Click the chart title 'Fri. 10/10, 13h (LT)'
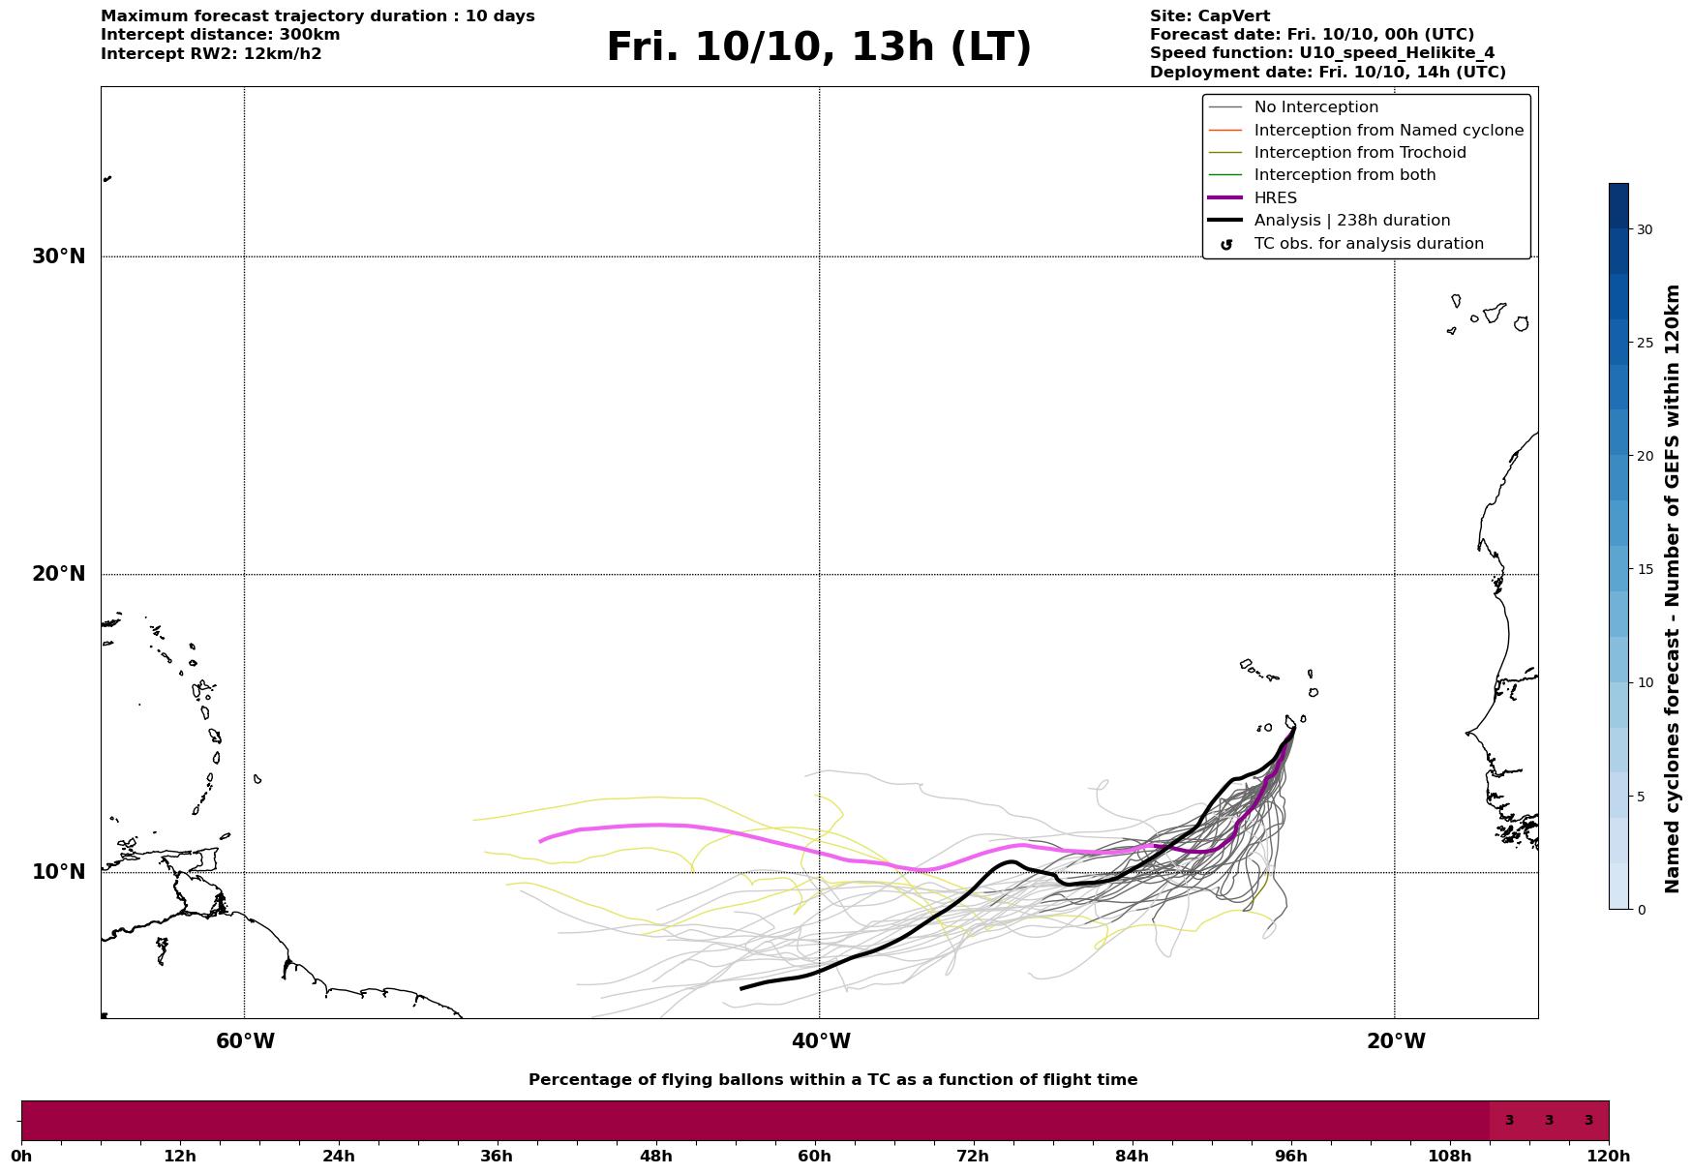[819, 47]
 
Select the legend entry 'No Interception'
[1315, 107]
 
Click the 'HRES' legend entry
[1275, 198]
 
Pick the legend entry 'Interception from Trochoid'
[1359, 153]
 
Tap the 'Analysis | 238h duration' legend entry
[1351, 221]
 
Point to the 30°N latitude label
[59, 256]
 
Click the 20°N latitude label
[59, 574]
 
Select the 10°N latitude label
[59, 872]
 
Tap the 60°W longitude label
[245, 1041]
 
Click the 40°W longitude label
[821, 1041]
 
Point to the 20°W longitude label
[1396, 1041]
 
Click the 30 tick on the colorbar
[1645, 229]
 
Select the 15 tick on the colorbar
[1645, 569]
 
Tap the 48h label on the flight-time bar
[655, 1156]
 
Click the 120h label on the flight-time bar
[1609, 1156]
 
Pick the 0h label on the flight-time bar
[22, 1156]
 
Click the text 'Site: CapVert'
[1209, 16]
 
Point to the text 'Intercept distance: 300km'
[220, 35]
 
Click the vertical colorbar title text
[1672, 588]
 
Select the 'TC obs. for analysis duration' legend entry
[1368, 244]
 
